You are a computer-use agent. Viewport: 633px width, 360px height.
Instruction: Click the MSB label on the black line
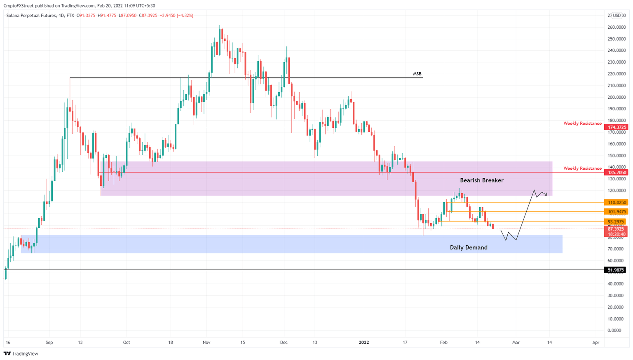pyautogui.click(x=417, y=74)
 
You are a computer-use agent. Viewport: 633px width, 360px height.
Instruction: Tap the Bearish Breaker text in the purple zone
pyautogui.click(x=481, y=180)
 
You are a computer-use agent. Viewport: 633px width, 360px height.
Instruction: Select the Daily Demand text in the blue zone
pyautogui.click(x=468, y=248)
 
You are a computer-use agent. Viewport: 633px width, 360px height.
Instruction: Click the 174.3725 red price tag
pyautogui.click(x=616, y=127)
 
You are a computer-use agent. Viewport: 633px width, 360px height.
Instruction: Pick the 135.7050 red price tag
pyautogui.click(x=616, y=173)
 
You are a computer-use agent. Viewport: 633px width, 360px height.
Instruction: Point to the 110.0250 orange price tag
pyautogui.click(x=616, y=202)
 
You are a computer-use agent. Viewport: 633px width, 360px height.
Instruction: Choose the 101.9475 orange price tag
pyautogui.click(x=616, y=212)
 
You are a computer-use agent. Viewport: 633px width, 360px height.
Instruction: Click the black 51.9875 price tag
pyautogui.click(x=616, y=270)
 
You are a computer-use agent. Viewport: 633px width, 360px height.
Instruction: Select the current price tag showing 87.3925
pyautogui.click(x=616, y=229)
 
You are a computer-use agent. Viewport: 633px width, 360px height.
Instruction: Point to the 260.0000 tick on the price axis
pyautogui.click(x=616, y=27)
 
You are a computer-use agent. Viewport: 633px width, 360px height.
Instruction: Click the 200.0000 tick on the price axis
pyautogui.click(x=616, y=97)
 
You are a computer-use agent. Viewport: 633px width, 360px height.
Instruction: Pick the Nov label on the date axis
pyautogui.click(x=206, y=342)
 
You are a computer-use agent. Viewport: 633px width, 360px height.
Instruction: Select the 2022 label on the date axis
pyautogui.click(x=364, y=342)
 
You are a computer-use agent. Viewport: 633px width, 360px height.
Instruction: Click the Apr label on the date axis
pyautogui.click(x=595, y=342)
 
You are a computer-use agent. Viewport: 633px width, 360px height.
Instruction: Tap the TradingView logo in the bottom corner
pyautogui.click(x=21, y=353)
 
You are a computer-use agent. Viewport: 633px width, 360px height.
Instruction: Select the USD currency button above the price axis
pyautogui.click(x=617, y=16)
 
